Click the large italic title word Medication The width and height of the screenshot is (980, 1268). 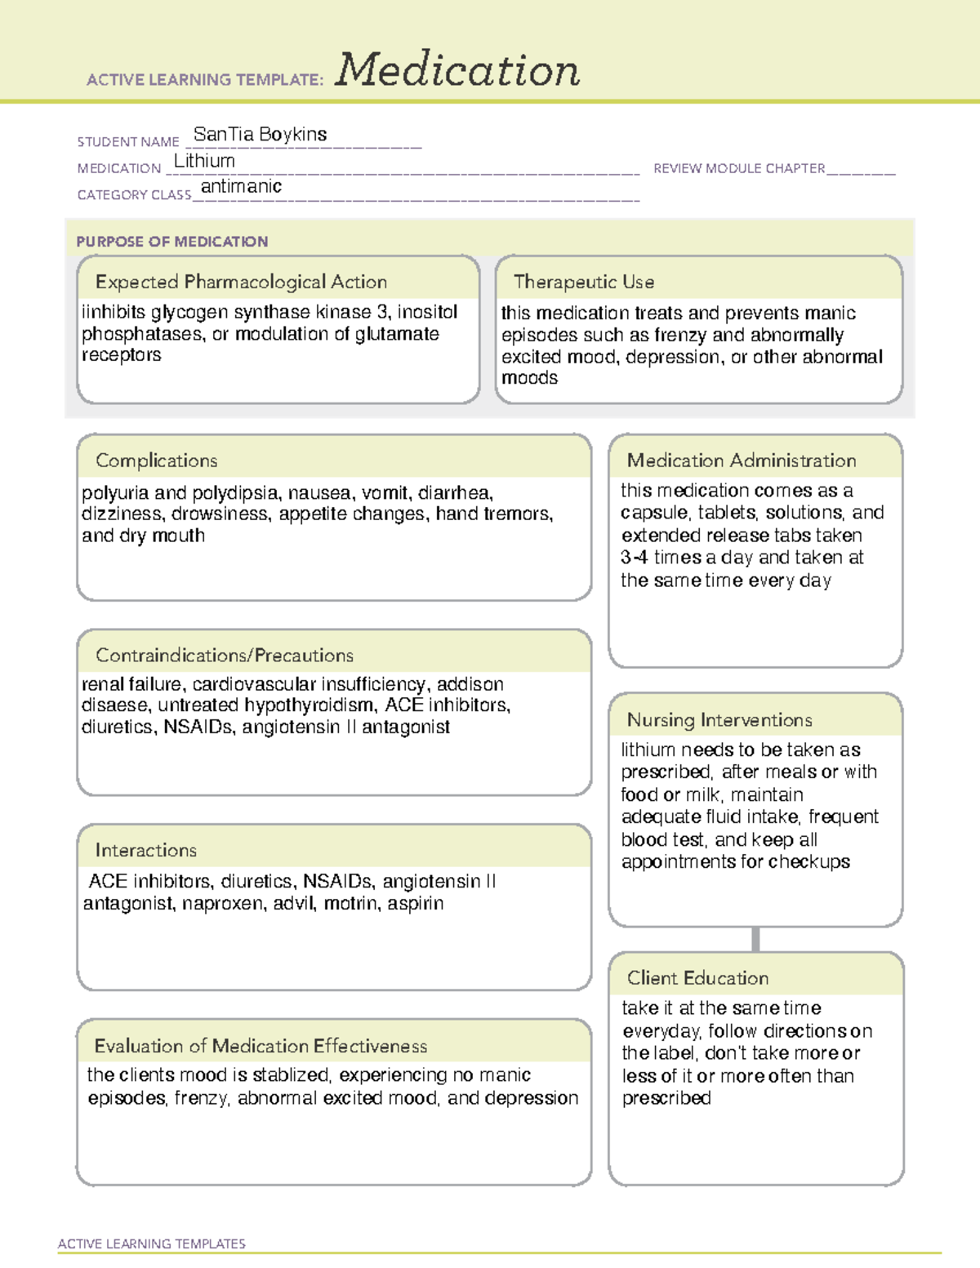point(457,70)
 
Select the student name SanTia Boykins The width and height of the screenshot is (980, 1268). point(260,135)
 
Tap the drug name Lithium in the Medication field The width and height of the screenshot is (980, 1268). point(204,162)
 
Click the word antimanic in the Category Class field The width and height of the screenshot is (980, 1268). point(241,187)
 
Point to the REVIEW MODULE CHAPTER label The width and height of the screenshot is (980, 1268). point(739,169)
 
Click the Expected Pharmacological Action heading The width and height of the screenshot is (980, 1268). point(241,283)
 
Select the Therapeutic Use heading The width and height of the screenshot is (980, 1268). point(584,283)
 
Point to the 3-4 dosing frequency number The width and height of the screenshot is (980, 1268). point(634,558)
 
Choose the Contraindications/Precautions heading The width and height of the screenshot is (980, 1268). point(225,656)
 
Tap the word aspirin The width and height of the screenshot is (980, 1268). point(416,904)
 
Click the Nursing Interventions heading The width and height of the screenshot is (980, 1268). point(719,720)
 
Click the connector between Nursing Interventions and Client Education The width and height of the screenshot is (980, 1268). point(755,940)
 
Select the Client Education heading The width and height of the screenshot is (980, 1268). point(697,978)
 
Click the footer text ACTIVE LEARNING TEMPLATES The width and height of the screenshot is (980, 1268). point(152,1244)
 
